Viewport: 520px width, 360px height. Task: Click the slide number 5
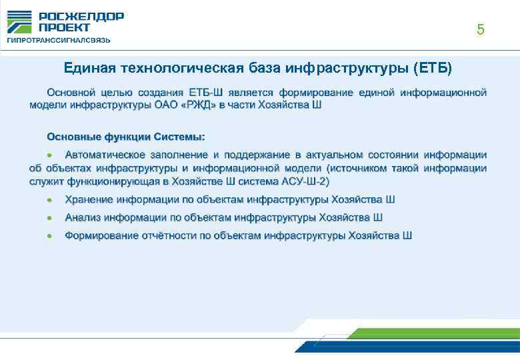480,30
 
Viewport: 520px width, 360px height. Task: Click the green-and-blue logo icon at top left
19,22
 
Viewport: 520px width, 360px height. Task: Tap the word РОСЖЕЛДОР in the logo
81,17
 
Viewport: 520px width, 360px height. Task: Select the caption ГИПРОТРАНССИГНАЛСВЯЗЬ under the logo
59,40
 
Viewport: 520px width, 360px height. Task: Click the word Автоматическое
106,154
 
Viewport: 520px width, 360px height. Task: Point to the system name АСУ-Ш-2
306,181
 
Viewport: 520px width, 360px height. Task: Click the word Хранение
90,199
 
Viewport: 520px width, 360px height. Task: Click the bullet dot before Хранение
50,199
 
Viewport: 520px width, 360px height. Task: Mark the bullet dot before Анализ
50,217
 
